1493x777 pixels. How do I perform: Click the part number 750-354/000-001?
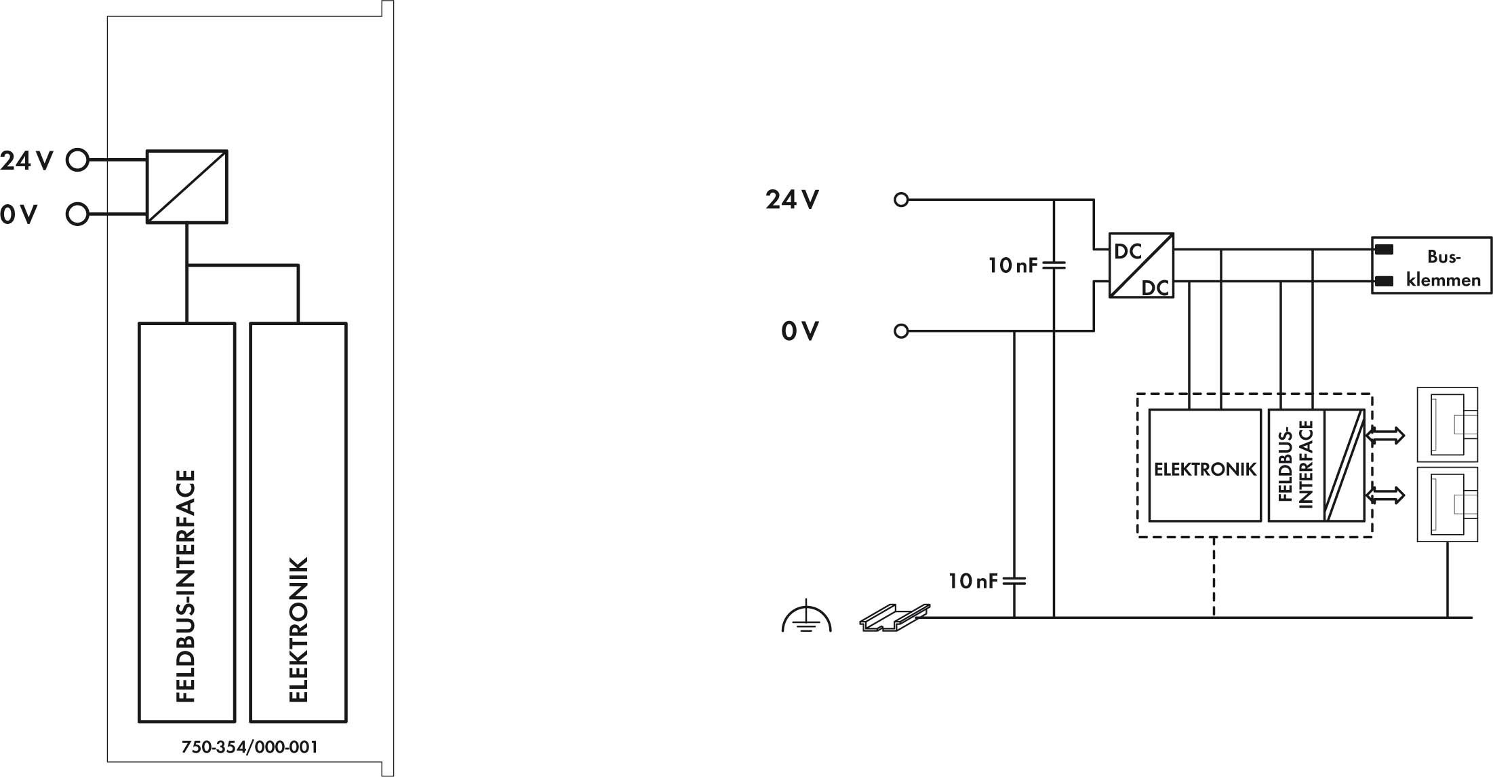click(250, 747)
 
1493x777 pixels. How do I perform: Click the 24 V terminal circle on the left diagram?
click(78, 160)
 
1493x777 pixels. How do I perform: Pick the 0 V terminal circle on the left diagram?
click(78, 214)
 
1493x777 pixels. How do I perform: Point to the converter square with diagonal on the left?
click(187, 187)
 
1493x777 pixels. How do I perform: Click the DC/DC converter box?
click(1141, 265)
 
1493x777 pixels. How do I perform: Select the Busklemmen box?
click(1431, 265)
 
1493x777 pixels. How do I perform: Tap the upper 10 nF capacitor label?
click(1013, 265)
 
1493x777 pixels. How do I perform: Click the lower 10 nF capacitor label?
click(974, 581)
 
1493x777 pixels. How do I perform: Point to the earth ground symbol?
click(806, 616)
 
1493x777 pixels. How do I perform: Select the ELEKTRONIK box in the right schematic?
click(1205, 465)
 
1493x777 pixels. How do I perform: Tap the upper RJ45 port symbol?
click(1448, 425)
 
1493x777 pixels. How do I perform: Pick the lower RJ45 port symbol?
click(1448, 504)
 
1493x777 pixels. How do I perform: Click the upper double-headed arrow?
click(1385, 435)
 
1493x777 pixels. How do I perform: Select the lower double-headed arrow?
click(1385, 495)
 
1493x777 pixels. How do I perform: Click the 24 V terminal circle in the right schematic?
click(901, 200)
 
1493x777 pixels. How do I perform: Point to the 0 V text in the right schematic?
click(800, 331)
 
